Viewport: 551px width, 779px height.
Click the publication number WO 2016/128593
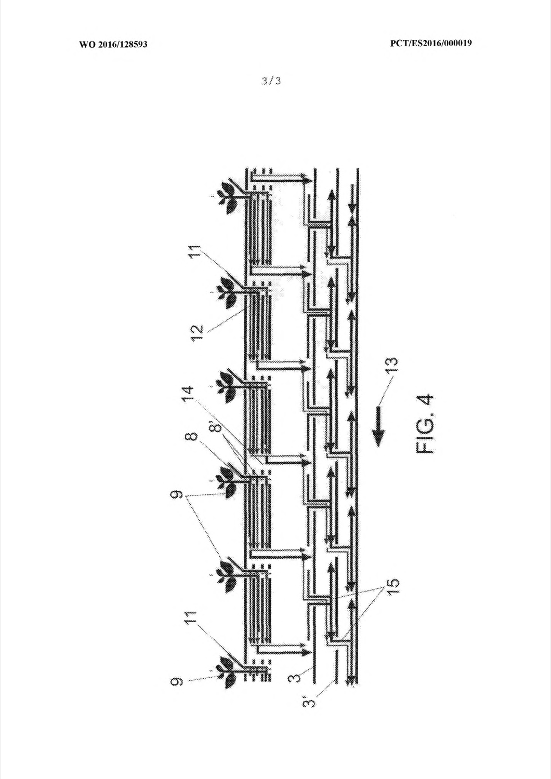(x=113, y=44)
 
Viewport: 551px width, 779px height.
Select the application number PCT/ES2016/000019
(x=431, y=43)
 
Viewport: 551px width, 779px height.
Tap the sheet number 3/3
(x=271, y=81)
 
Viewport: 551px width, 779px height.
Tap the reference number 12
(x=197, y=333)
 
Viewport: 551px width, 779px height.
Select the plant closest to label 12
(x=228, y=291)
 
